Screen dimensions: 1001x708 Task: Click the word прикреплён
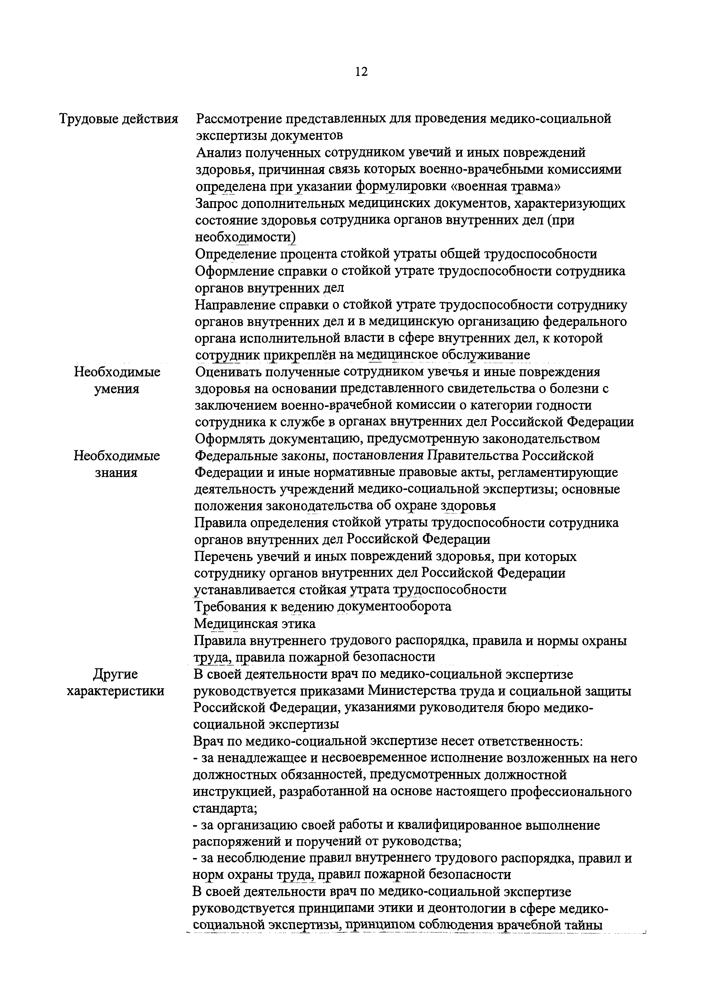pos(300,355)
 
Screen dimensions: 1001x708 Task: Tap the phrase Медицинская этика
pos(255,624)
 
